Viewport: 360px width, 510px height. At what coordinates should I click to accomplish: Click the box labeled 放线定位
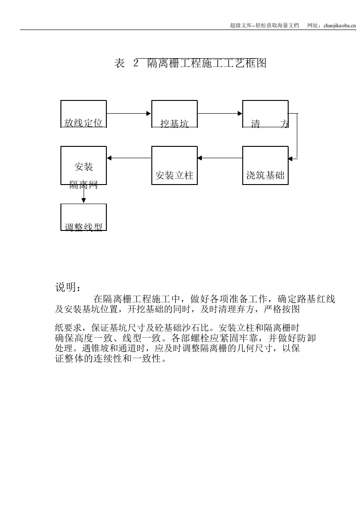[x=84, y=114]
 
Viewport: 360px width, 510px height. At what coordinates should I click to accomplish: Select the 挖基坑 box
[x=175, y=114]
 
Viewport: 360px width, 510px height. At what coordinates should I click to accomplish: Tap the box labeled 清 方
[x=265, y=114]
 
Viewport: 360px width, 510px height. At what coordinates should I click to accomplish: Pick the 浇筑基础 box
[x=265, y=165]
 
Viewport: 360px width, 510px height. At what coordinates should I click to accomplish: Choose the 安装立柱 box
[x=175, y=165]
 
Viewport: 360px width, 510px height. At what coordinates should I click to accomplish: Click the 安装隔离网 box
[x=84, y=165]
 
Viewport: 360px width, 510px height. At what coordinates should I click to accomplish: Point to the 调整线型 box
[x=84, y=217]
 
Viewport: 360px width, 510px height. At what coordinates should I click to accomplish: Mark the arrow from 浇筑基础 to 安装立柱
[x=220, y=158]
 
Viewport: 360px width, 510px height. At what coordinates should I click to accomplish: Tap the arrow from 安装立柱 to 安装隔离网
[x=129, y=158]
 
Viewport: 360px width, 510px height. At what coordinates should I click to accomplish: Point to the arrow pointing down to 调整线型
[x=84, y=194]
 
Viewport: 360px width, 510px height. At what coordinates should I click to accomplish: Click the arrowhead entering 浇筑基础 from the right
[x=291, y=158]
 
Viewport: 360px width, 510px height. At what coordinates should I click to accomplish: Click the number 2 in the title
[x=135, y=64]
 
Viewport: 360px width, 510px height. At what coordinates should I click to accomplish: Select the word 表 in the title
[x=119, y=64]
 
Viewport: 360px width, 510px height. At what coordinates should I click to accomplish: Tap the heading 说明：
[x=69, y=287]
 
